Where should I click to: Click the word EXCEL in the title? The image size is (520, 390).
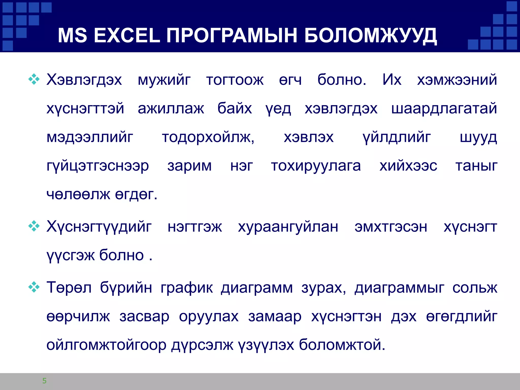click(x=127, y=36)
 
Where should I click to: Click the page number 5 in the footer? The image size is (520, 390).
click(x=44, y=381)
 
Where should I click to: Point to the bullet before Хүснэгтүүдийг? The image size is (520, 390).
click(x=34, y=226)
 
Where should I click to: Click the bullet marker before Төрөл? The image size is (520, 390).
click(x=34, y=287)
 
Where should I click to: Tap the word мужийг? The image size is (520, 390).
click(x=164, y=80)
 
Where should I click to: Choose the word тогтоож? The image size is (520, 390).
click(x=235, y=80)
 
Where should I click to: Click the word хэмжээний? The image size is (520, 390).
click(x=457, y=80)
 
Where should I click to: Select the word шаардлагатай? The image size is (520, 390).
click(x=444, y=109)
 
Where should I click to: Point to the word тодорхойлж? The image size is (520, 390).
click(x=208, y=138)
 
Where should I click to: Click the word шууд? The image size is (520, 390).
click(x=478, y=138)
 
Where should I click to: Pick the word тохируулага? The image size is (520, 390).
click(x=316, y=166)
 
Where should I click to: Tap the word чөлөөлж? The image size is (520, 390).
click(x=78, y=195)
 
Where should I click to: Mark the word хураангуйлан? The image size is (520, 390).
click(x=288, y=227)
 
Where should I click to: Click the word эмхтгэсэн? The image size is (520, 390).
click(x=391, y=227)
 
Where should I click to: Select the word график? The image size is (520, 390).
click(x=187, y=288)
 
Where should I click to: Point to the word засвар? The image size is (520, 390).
click(x=144, y=317)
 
